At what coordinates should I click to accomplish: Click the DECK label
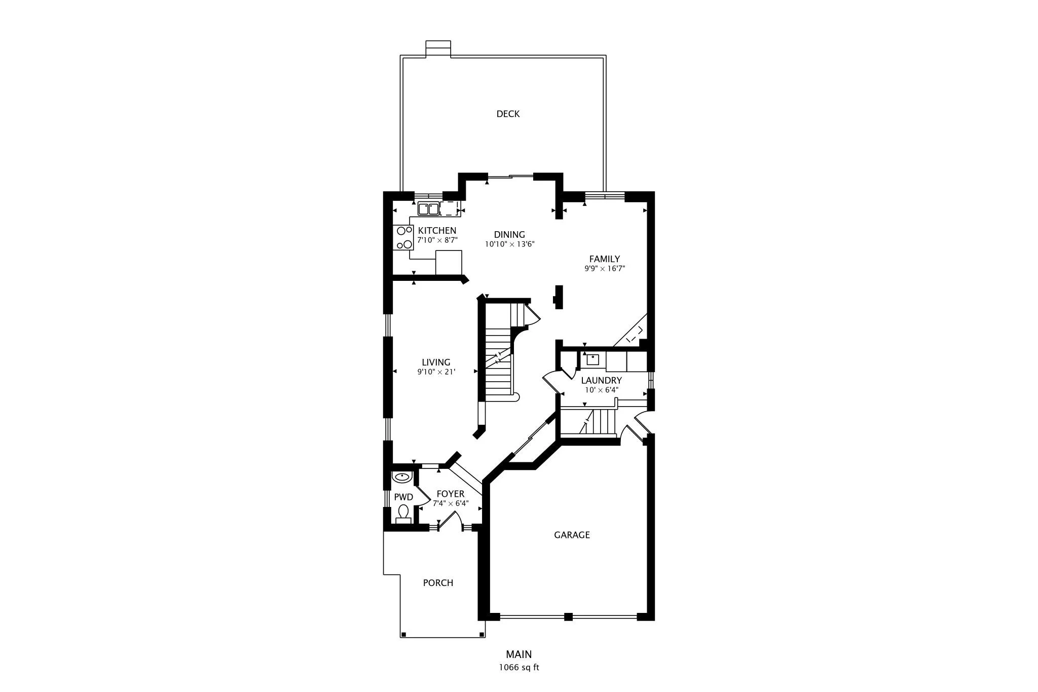pos(508,114)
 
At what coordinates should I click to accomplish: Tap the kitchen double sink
pos(428,208)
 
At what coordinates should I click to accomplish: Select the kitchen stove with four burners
pos(403,238)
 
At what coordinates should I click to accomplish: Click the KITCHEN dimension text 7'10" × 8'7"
pos(437,240)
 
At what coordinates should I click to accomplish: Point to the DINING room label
pos(509,234)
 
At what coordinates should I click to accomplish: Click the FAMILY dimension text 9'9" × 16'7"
pos(604,269)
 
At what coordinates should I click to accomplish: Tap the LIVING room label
pos(436,362)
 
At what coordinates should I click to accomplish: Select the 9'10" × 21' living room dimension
pos(436,372)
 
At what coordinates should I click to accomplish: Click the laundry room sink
pos(592,359)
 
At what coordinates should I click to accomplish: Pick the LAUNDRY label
pos(601,380)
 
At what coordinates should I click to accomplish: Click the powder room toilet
pos(403,513)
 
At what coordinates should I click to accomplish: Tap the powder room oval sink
pos(402,477)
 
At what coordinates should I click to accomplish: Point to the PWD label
pos(403,497)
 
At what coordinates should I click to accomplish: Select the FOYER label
pos(450,494)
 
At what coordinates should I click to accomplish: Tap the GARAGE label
pos(572,535)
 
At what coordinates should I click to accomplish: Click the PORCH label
pos(438,583)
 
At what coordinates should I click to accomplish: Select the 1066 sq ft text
pos(518,668)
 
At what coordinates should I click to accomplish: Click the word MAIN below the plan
pos(518,654)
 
